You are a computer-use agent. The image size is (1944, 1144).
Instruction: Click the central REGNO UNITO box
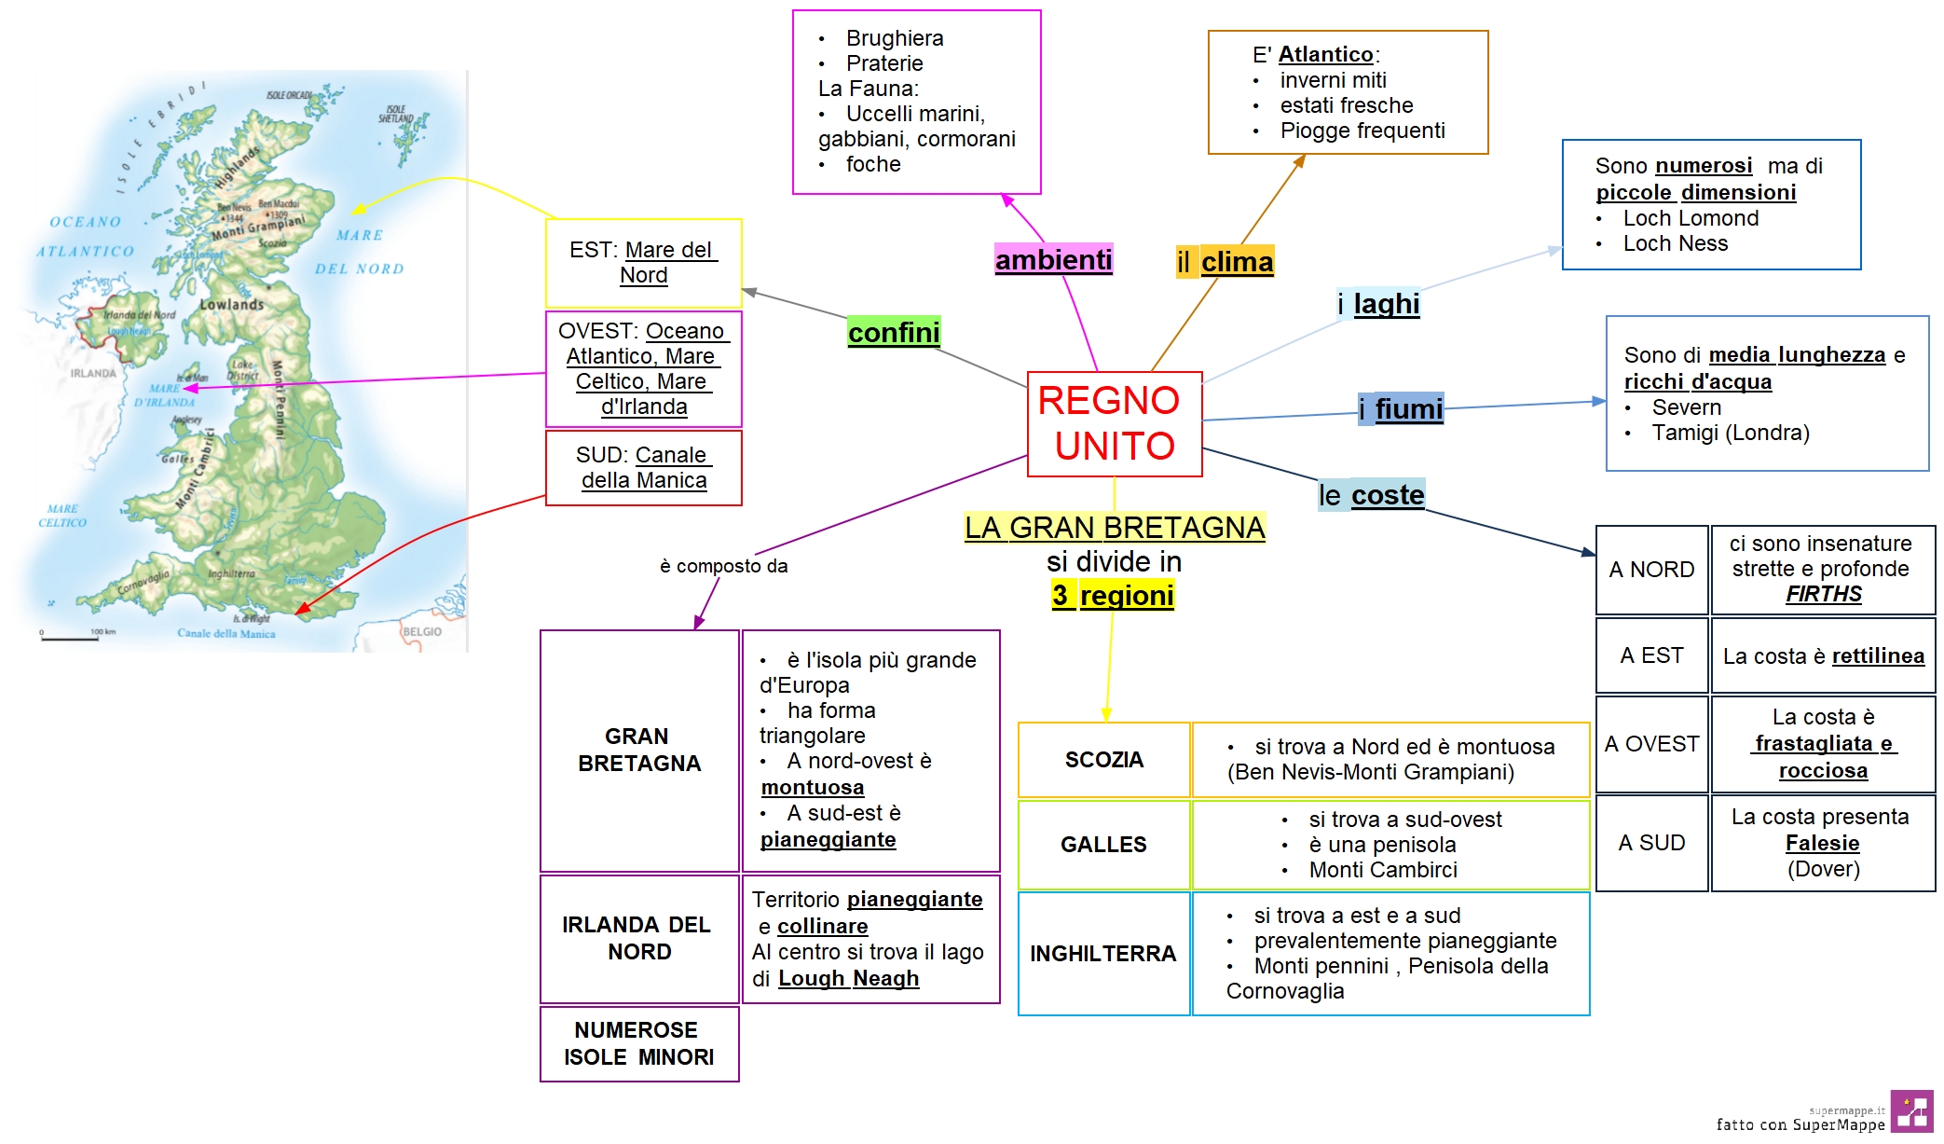click(x=1114, y=423)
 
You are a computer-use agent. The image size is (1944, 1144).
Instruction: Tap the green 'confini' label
click(x=893, y=332)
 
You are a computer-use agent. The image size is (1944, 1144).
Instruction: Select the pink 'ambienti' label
click(x=1053, y=259)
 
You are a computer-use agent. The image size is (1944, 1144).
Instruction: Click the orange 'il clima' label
click(x=1225, y=262)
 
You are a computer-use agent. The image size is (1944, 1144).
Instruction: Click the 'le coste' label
click(x=1371, y=495)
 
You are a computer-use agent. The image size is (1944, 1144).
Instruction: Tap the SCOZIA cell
click(x=1103, y=760)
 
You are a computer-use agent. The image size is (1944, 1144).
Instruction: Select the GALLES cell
click(x=1103, y=845)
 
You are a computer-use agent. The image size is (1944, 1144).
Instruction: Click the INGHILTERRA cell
click(x=1103, y=953)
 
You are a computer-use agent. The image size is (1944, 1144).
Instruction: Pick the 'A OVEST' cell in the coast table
click(x=1651, y=744)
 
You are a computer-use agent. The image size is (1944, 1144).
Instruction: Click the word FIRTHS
click(x=1823, y=594)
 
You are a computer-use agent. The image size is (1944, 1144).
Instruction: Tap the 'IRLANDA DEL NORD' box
click(x=638, y=938)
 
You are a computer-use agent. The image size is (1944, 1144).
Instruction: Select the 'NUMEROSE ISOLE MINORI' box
click(x=638, y=1043)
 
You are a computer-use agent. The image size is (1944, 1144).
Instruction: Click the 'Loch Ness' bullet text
click(x=1675, y=243)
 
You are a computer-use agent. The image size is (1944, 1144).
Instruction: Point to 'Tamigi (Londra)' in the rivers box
click(x=1730, y=433)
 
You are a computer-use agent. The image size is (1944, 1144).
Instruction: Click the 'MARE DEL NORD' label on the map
click(x=360, y=252)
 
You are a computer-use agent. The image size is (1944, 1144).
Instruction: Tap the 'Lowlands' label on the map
click(x=231, y=304)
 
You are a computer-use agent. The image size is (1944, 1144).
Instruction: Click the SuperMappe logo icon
click(x=1911, y=1110)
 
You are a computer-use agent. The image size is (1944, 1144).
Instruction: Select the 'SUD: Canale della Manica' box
click(x=643, y=467)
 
